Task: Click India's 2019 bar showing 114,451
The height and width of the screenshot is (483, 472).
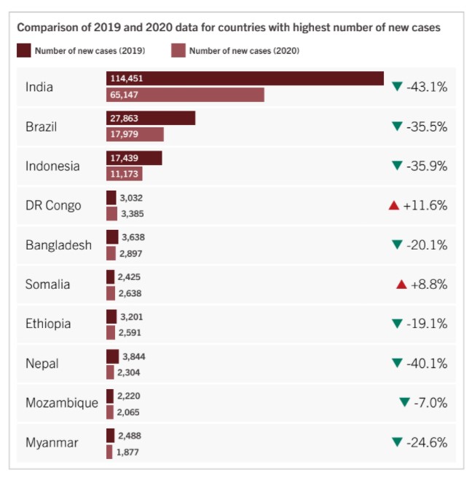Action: click(245, 78)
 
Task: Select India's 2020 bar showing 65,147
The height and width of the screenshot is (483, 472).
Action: click(185, 95)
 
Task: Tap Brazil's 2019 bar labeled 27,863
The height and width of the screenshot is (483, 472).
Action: click(151, 118)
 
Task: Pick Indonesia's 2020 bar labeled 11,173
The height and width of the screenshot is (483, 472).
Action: click(124, 174)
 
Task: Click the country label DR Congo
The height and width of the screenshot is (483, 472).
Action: click(53, 205)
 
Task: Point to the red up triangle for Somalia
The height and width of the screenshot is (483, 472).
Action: click(401, 284)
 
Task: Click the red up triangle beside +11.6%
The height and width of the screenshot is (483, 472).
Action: click(394, 206)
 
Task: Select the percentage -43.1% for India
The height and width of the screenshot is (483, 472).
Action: click(427, 87)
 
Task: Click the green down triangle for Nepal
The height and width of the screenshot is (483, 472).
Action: click(397, 363)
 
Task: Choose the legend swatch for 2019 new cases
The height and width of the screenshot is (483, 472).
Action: click(23, 50)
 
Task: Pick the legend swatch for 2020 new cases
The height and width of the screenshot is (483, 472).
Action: click(178, 50)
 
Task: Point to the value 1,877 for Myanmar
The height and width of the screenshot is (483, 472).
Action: click(127, 452)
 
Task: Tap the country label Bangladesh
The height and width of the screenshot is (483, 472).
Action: click(58, 245)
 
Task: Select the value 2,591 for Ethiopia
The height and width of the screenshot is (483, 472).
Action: click(130, 332)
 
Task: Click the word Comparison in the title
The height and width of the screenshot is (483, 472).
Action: click(47, 28)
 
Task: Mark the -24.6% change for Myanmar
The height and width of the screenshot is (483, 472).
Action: click(427, 442)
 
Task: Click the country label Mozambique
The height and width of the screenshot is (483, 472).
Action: click(61, 403)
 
